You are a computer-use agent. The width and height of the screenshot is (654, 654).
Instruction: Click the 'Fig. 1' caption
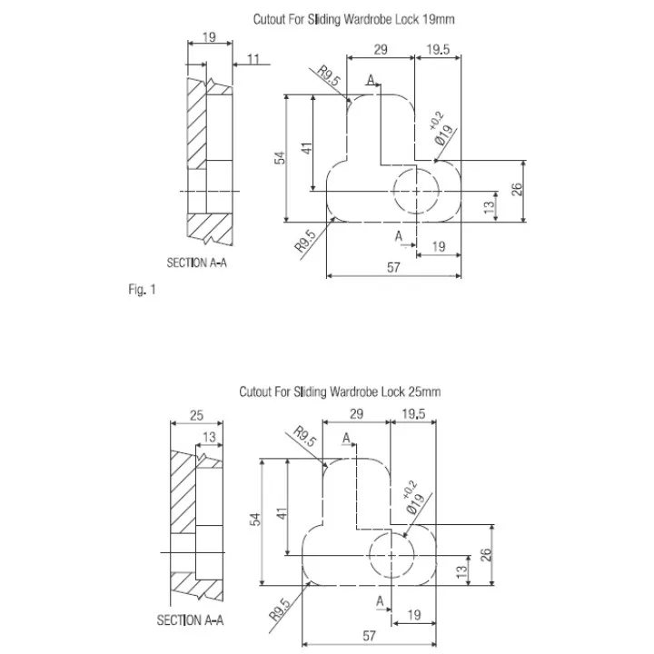pos(142,289)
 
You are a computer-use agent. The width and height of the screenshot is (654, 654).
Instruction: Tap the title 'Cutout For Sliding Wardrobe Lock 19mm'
pos(353,19)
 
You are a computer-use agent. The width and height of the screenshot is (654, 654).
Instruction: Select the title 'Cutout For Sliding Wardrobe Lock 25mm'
pos(340,391)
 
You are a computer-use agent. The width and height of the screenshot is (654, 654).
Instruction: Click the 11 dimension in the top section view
pos(253,59)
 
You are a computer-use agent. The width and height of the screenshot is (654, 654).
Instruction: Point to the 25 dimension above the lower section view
pos(196,415)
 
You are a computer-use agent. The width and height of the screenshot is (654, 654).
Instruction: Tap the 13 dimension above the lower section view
pos(210,437)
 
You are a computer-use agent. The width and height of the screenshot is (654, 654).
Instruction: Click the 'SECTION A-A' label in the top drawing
pos(197,263)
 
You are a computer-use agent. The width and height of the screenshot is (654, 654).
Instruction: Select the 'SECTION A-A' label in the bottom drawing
pos(190,620)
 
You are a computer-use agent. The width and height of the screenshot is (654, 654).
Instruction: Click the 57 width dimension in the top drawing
pos(393,267)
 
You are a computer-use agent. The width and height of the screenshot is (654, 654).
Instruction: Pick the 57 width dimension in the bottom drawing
pos(369,636)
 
